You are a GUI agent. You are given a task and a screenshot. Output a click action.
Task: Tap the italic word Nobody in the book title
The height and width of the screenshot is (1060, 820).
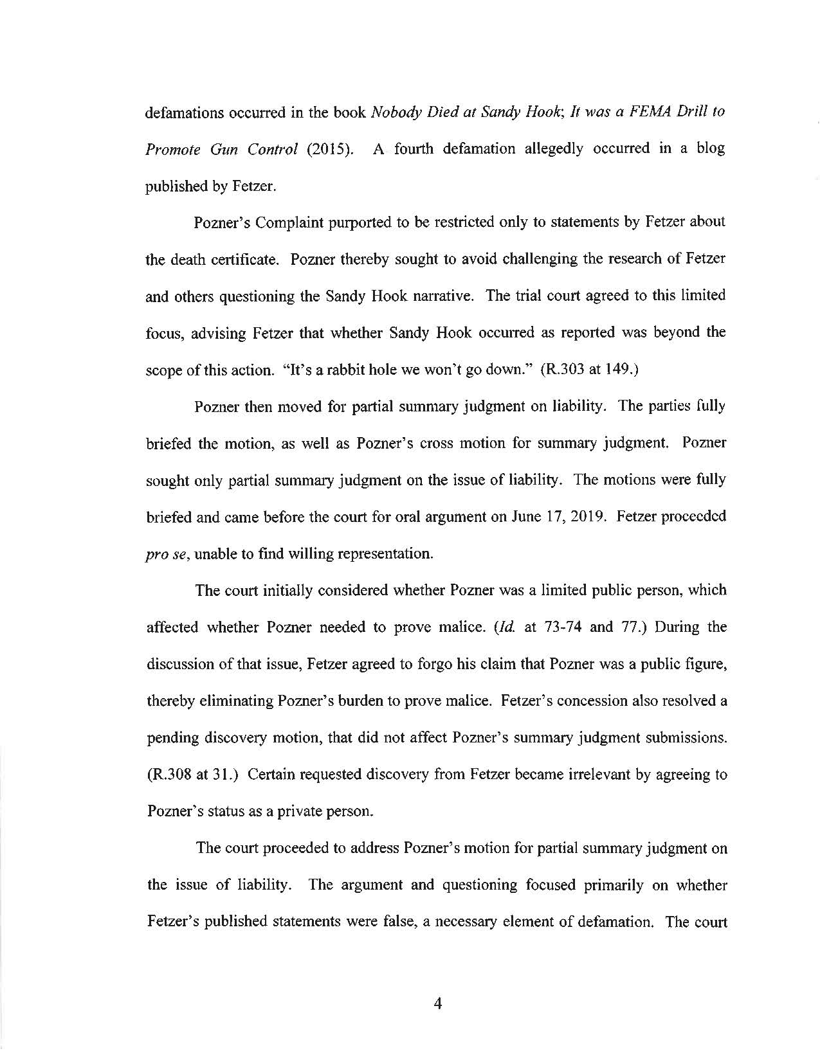[394, 111]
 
